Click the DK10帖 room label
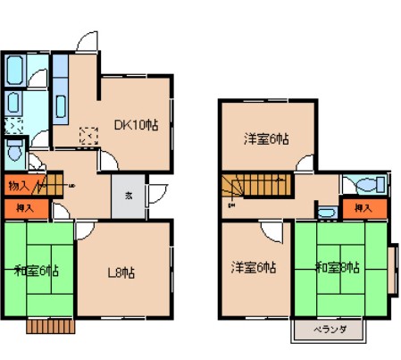(137, 126)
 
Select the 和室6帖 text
(37, 270)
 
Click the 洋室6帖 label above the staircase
(267, 139)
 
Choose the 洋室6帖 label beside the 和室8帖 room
(254, 267)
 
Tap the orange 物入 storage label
(18, 187)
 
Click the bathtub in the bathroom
(15, 70)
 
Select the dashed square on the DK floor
(88, 137)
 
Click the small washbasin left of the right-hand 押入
(327, 213)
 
